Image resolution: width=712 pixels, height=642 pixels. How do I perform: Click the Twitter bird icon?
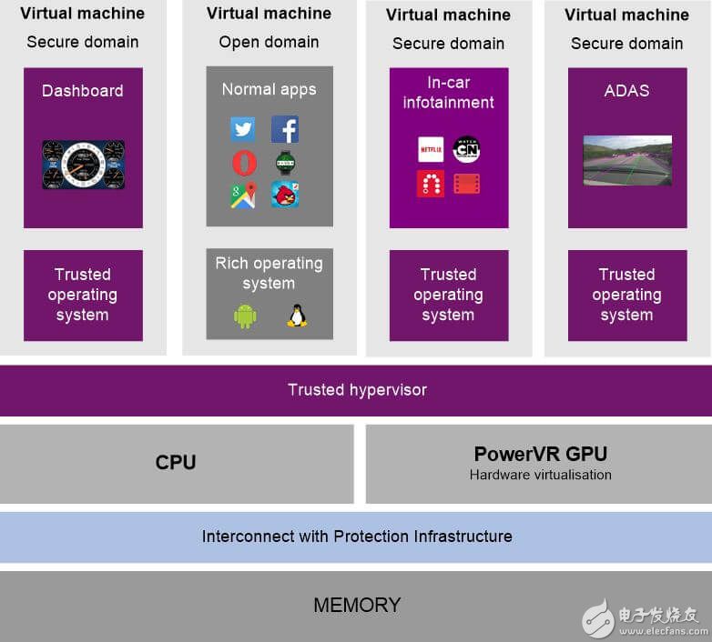[x=243, y=129]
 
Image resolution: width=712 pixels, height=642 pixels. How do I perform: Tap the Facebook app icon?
[x=285, y=129]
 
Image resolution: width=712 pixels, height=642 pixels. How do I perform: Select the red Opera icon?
[x=243, y=163]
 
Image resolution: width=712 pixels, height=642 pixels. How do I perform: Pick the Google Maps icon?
[x=243, y=196]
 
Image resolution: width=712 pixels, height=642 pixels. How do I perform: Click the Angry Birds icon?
[x=285, y=195]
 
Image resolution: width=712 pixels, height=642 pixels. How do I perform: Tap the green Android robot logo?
[x=245, y=316]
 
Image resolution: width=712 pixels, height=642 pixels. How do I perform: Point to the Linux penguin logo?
[x=296, y=316]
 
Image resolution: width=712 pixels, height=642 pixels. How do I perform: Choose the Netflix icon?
[x=431, y=149]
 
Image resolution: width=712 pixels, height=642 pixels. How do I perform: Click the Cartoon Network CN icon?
[x=466, y=149]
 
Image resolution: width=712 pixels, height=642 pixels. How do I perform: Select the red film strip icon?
[x=466, y=184]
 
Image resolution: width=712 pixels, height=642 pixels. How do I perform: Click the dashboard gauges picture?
[x=83, y=165]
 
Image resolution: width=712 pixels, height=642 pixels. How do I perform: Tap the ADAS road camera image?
[x=627, y=160]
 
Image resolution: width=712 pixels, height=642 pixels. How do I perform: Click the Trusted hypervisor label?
[x=357, y=390]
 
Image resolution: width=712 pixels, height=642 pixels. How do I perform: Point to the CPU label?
[x=176, y=462]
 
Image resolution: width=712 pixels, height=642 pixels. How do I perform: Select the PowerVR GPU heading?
[x=540, y=454]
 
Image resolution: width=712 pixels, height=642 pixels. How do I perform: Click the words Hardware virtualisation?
[x=540, y=475]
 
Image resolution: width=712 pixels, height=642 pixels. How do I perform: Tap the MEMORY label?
[x=357, y=605]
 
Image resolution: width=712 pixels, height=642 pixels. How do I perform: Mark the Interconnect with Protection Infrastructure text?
[x=357, y=537]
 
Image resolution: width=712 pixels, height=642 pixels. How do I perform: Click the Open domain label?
[x=269, y=43]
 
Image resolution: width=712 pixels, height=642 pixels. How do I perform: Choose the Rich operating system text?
[x=269, y=273]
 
